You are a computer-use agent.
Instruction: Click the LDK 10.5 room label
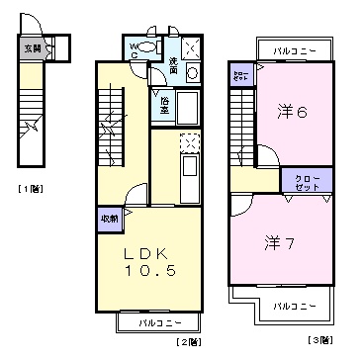click(x=150, y=261)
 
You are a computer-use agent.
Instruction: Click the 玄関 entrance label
click(x=32, y=45)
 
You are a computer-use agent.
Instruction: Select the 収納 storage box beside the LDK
click(x=109, y=219)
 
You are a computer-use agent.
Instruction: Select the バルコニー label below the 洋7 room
click(x=294, y=307)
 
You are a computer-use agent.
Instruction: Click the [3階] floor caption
click(x=319, y=341)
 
